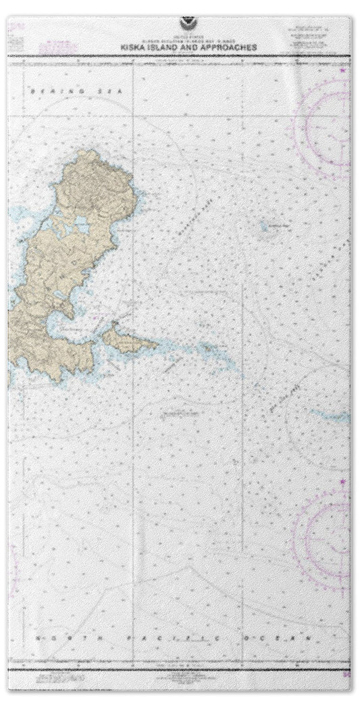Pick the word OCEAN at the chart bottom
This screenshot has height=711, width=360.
pos(284,637)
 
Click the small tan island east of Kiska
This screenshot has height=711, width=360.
pos(131,341)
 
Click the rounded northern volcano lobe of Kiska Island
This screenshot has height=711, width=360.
pos(95,182)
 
